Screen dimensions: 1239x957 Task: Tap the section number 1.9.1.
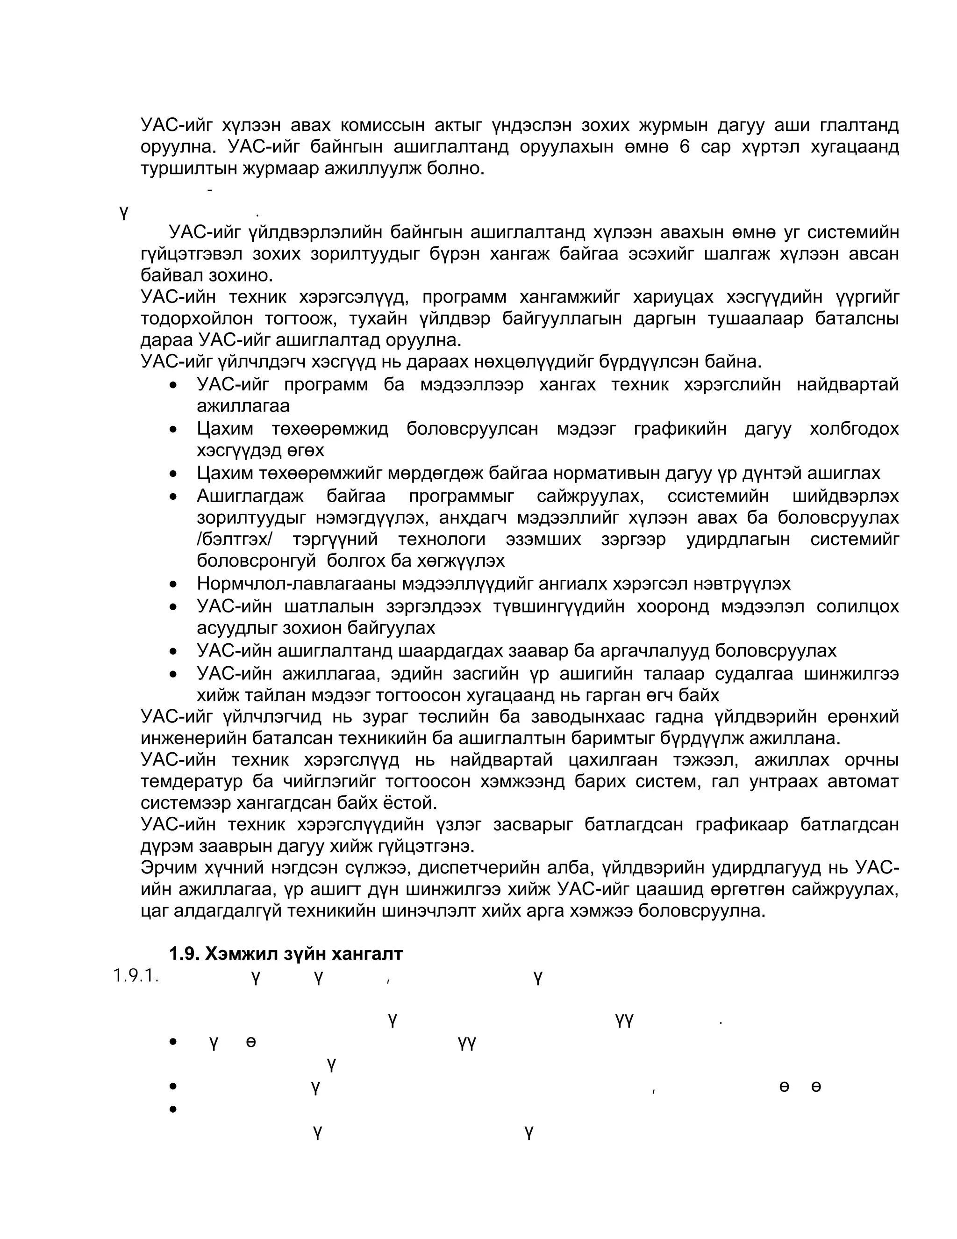pyautogui.click(x=136, y=976)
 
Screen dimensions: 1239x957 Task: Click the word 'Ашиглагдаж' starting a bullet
pyautogui.click(x=250, y=497)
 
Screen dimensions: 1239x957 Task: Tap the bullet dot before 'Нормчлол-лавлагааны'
pyautogui.click(x=174, y=584)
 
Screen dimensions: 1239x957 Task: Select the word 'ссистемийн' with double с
pyautogui.click(x=718, y=497)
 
